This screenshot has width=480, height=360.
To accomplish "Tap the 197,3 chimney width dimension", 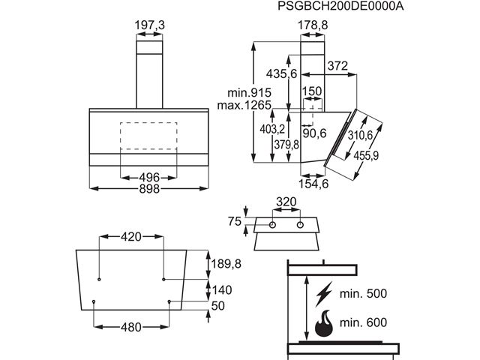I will (149, 25).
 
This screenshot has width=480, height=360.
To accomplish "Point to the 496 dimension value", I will (149, 177).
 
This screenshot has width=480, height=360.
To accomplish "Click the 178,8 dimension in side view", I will (313, 25).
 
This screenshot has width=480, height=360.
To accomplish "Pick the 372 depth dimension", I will (337, 67).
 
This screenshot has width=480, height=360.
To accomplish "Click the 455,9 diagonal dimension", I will (365, 156).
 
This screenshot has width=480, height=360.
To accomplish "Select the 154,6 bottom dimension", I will (313, 184).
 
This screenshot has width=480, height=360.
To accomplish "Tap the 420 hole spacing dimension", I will (131, 237).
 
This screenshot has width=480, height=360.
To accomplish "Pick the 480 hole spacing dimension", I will (132, 328).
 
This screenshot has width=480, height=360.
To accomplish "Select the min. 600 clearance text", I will (363, 322).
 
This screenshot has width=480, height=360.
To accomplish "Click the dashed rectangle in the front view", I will (148, 135).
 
